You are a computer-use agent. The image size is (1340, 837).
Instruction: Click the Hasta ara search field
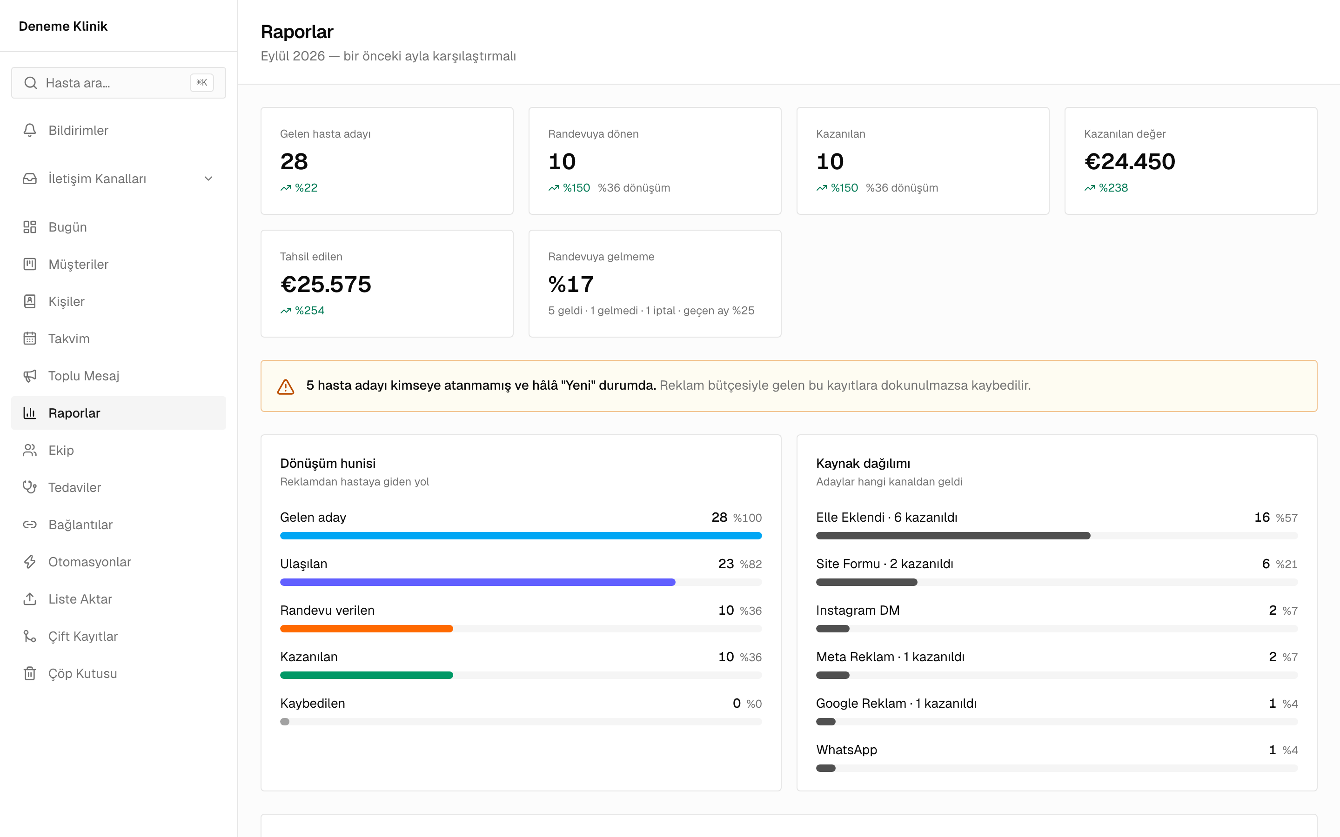tap(119, 83)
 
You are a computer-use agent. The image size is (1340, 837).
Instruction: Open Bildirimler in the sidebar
tap(78, 131)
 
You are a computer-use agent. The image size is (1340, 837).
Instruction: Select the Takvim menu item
tap(69, 339)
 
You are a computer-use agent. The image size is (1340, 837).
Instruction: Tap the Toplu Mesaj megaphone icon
tap(30, 376)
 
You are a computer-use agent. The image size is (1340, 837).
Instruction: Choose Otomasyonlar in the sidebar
tap(90, 562)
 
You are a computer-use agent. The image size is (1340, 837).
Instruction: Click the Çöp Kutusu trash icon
tap(30, 673)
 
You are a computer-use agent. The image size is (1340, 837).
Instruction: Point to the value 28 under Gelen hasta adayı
tap(294, 162)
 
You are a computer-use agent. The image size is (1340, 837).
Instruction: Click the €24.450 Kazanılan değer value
tap(1130, 162)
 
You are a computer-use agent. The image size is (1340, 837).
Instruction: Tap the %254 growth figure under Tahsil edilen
tap(309, 311)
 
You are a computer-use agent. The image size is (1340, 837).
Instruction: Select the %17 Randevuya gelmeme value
tap(571, 285)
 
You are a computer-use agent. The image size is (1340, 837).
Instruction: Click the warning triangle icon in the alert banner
tap(286, 386)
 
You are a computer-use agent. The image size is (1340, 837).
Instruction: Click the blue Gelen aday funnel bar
tap(521, 536)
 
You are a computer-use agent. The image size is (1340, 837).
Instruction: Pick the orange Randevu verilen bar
tap(367, 629)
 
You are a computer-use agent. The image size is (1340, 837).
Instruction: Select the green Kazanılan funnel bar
tap(367, 675)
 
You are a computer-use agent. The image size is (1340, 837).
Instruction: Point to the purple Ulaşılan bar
tap(478, 582)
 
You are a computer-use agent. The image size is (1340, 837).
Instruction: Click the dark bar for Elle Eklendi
tap(953, 536)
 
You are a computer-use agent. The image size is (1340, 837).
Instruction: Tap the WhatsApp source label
tap(847, 750)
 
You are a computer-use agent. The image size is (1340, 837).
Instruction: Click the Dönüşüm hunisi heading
tap(328, 463)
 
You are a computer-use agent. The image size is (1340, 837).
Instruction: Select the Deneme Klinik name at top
tap(63, 26)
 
